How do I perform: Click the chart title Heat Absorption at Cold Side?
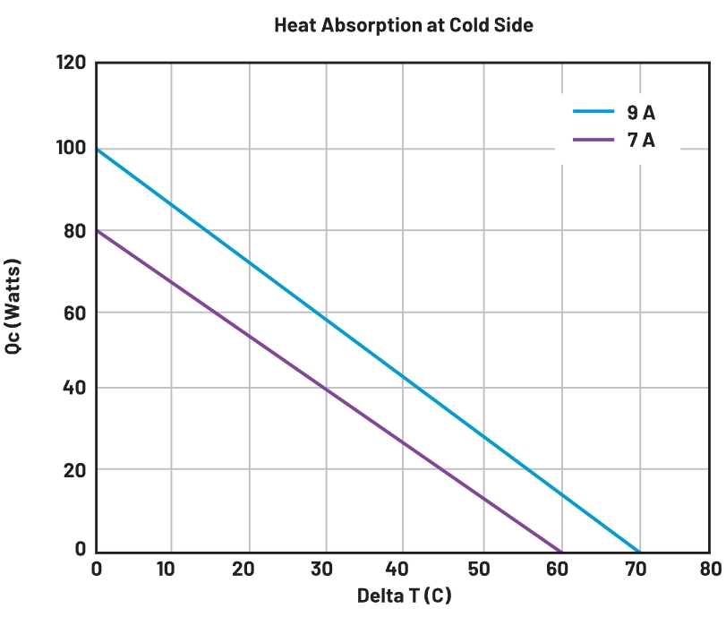point(403,25)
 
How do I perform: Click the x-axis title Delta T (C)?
point(404,596)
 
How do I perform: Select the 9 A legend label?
point(641,113)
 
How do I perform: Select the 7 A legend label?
point(641,140)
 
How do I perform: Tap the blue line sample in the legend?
point(594,113)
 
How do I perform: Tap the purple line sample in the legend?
point(594,140)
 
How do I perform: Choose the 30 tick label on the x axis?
point(325,569)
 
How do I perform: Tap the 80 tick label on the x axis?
point(711,569)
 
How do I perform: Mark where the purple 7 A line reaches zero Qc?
point(561,552)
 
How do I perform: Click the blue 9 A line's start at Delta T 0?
point(97,149)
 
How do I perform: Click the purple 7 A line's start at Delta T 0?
point(97,230)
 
